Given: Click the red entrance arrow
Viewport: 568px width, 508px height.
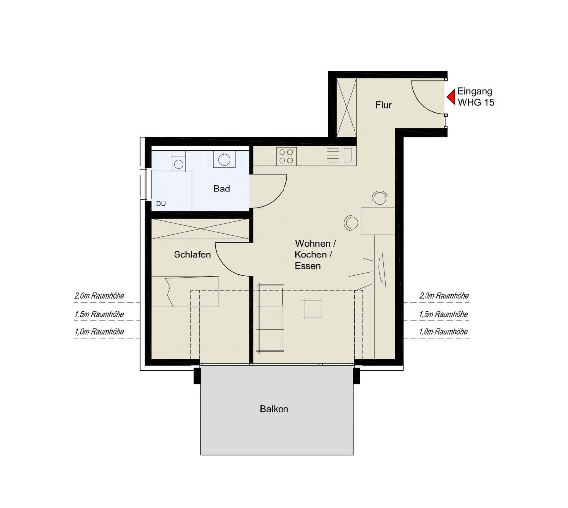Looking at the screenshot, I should pos(451,96).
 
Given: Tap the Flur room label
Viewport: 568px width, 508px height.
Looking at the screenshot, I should pos(383,105).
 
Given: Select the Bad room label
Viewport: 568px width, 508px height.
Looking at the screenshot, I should pos(221,189).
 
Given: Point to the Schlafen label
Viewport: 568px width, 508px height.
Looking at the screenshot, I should pos(192,255).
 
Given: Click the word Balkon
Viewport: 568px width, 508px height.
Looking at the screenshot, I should pos(274,409).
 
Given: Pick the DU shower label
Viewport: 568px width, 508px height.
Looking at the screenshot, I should pos(161,204).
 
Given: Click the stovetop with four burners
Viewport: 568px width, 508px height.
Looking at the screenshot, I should pos(286,156).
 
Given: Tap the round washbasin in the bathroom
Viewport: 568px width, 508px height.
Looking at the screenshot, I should pos(224,159).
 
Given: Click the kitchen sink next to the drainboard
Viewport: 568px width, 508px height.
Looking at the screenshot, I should pos(348,155).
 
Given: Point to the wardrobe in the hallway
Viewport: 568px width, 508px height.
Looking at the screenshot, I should pos(347,107).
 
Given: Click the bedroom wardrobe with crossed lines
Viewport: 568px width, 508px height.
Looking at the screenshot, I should pos(201,229).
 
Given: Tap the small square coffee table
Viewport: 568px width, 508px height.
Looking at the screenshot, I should pos(312,309).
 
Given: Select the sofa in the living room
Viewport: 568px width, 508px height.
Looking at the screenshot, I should pos(270,318).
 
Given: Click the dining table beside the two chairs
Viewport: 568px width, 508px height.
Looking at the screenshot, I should pos(377,221).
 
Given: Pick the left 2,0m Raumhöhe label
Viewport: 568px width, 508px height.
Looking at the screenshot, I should pos(99,296).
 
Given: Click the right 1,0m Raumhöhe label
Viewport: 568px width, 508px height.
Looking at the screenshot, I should pos(443,332).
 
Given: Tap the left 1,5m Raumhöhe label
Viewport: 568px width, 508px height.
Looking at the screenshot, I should pos(99,314).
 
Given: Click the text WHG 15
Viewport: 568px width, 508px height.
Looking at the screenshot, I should pos(476,103).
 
